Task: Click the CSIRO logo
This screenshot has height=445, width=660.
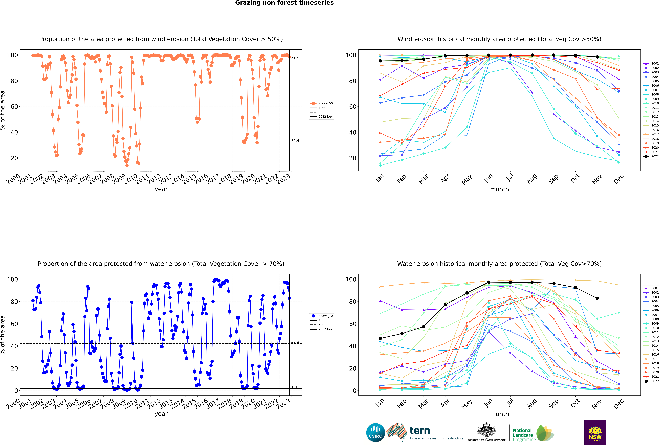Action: (x=375, y=433)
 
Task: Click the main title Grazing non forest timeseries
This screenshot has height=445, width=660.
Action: (x=284, y=3)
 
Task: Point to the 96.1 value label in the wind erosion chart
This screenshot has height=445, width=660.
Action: (x=295, y=59)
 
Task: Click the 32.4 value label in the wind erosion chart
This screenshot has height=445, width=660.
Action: (x=295, y=141)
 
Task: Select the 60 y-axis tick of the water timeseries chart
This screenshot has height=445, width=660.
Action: (x=14, y=324)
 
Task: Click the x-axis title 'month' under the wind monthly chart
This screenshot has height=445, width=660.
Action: (x=499, y=189)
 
